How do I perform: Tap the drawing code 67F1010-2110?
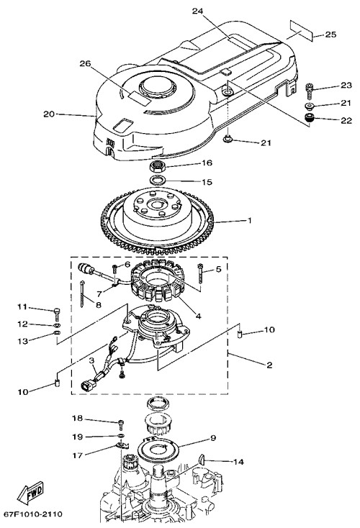33,514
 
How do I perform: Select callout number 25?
330,35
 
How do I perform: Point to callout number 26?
85,63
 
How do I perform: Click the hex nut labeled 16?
156,166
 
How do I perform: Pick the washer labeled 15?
158,181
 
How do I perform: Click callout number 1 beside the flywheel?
250,221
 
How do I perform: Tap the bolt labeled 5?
201,272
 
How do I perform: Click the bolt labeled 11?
57,314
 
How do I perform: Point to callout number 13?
23,341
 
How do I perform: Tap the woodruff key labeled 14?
201,459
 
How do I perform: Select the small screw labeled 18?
122,424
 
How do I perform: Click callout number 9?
212,438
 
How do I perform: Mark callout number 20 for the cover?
49,114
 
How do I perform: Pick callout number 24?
198,11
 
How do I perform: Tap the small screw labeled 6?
116,269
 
